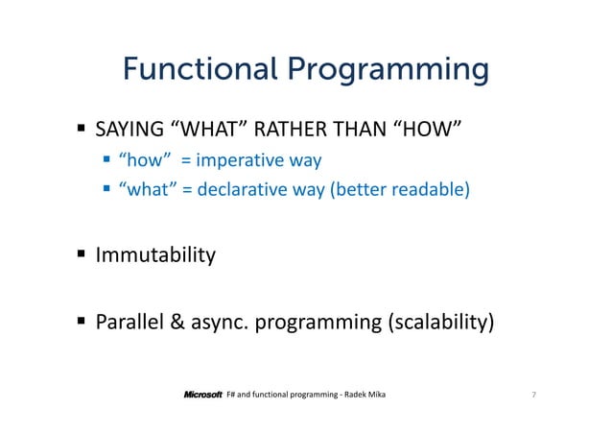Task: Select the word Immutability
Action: point(154,256)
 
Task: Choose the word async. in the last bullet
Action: point(223,321)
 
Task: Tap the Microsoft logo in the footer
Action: point(202,395)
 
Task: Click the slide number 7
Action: point(531,395)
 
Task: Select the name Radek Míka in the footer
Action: point(366,395)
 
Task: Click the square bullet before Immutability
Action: point(83,255)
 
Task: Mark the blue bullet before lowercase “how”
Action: point(107,159)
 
